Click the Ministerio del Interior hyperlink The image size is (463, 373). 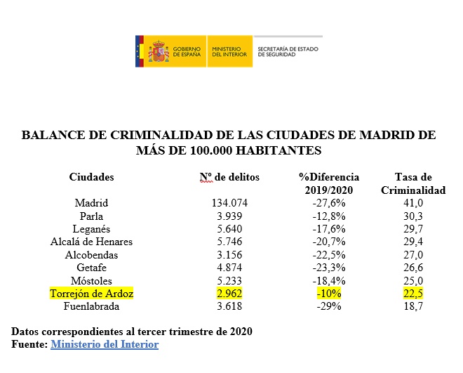pyautogui.click(x=105, y=344)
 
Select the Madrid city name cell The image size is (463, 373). pyautogui.click(x=91, y=203)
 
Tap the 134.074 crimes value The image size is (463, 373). pyautogui.click(x=229, y=203)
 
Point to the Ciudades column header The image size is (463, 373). pyautogui.click(x=91, y=177)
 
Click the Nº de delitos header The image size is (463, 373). pyautogui.click(x=229, y=177)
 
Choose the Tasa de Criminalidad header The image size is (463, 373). pyautogui.click(x=413, y=183)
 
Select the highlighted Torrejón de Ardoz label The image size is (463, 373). pyautogui.click(x=91, y=294)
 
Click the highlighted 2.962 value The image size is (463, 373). pyautogui.click(x=229, y=294)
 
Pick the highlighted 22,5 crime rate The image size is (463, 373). pyautogui.click(x=413, y=294)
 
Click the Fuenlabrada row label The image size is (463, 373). pyautogui.click(x=91, y=307)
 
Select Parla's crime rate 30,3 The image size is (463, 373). pyautogui.click(x=413, y=216)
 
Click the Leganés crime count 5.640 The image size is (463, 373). pyautogui.click(x=229, y=229)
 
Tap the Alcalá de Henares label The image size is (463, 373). pyautogui.click(x=91, y=242)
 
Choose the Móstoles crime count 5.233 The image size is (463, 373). pyautogui.click(x=229, y=281)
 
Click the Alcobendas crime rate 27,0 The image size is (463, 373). pyautogui.click(x=413, y=255)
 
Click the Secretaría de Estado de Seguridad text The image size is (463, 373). pyautogui.click(x=288, y=51)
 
